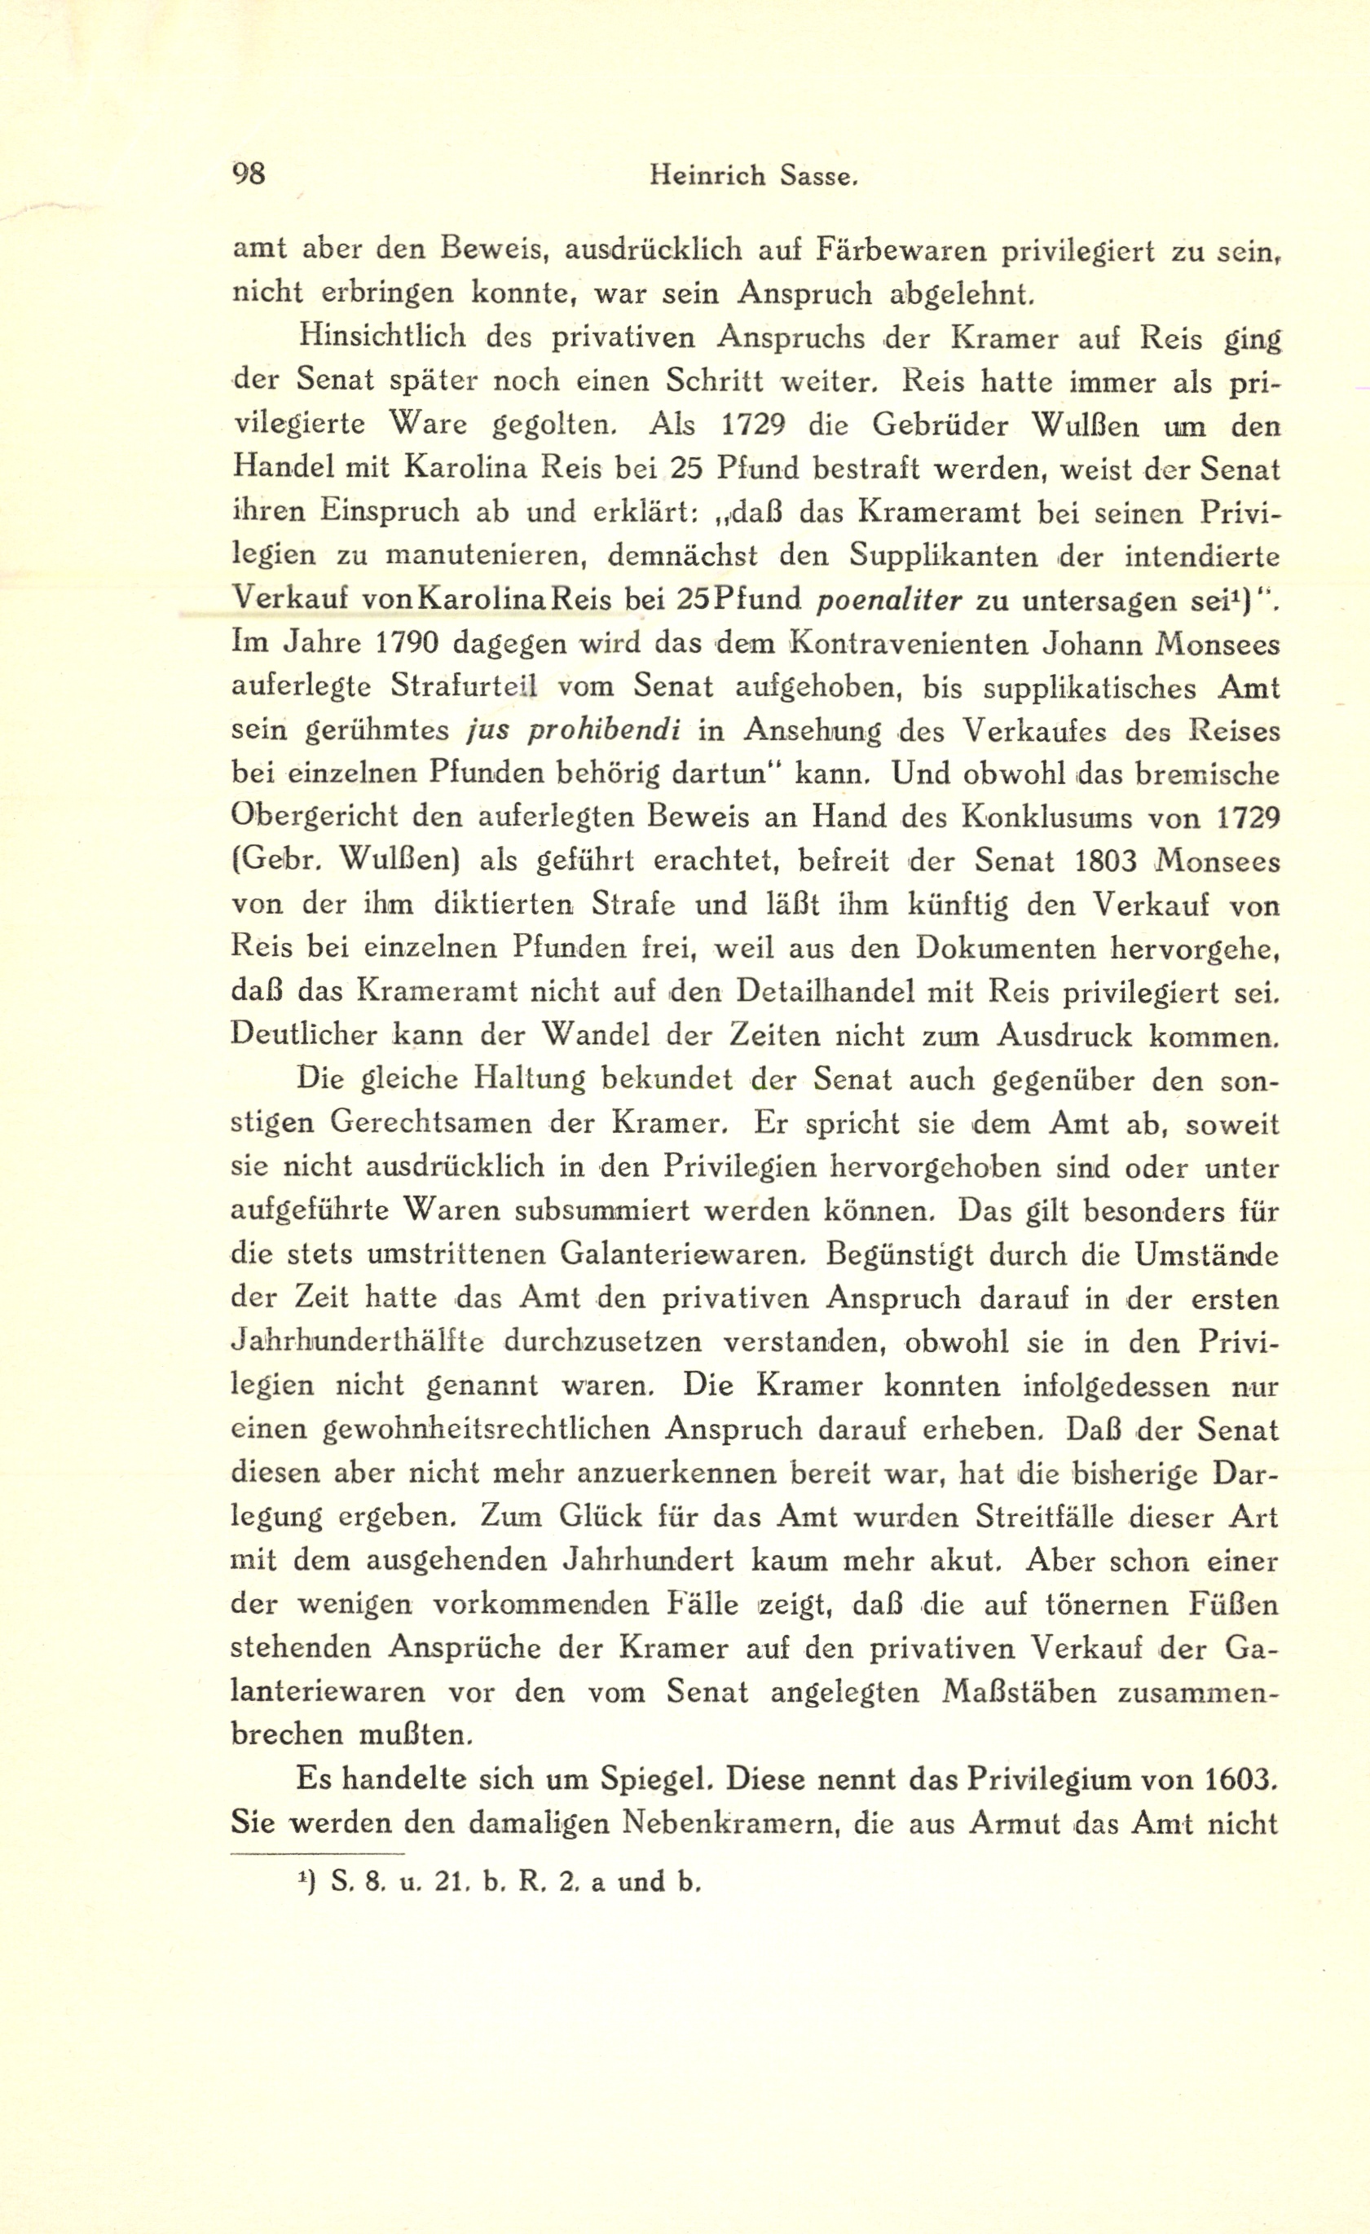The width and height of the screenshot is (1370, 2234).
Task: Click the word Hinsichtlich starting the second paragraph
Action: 381,337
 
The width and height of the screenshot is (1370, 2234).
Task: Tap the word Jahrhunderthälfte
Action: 357,1342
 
